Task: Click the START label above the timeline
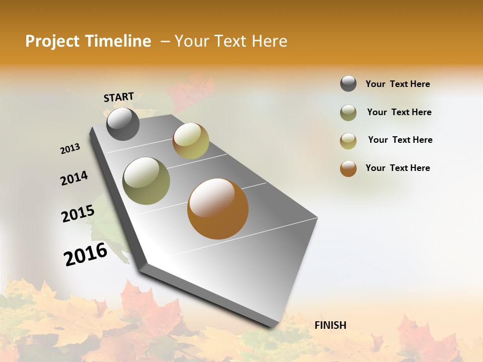pos(119,97)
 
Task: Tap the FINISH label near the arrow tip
pos(330,325)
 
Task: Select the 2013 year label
pos(70,149)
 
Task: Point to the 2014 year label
pos(74,178)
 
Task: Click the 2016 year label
pos(86,254)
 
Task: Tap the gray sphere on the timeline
pos(123,124)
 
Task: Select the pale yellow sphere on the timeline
pos(191,141)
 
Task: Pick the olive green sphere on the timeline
pos(146,181)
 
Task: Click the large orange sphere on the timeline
pos(218,209)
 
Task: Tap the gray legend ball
pos(348,84)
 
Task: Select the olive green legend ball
pos(348,113)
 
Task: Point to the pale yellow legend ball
pos(348,141)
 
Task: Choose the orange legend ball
pos(348,168)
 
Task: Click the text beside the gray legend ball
pos(397,84)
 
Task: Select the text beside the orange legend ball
pos(397,168)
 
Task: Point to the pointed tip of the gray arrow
pos(274,327)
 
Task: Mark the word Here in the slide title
pos(269,41)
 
